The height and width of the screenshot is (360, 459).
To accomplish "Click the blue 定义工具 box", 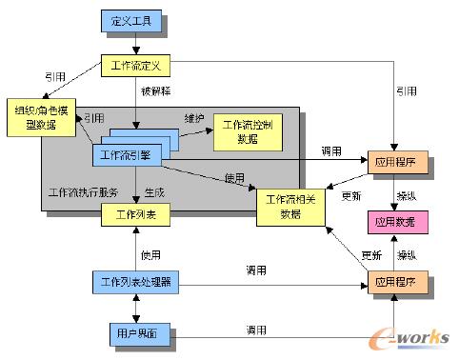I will (135, 19).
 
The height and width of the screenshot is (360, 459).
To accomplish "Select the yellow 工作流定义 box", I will (135, 66).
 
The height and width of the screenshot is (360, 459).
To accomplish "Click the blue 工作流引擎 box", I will (131, 153).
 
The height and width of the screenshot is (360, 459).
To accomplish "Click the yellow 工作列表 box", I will (135, 214).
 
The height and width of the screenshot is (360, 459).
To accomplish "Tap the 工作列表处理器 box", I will (135, 282).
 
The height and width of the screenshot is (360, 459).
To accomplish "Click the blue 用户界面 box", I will (135, 334).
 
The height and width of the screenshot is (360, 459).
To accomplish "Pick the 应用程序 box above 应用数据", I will (398, 164).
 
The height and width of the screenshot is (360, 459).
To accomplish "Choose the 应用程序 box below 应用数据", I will (398, 283).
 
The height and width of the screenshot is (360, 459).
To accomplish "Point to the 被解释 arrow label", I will (154, 93).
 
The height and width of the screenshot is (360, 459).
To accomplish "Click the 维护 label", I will (194, 117).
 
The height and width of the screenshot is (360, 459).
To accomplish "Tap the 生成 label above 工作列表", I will (154, 191).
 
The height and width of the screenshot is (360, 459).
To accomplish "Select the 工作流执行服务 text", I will (82, 191).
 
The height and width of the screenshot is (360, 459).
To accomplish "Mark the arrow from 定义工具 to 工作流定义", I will (135, 43).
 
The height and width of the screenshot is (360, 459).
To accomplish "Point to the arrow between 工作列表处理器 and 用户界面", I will (135, 308).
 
